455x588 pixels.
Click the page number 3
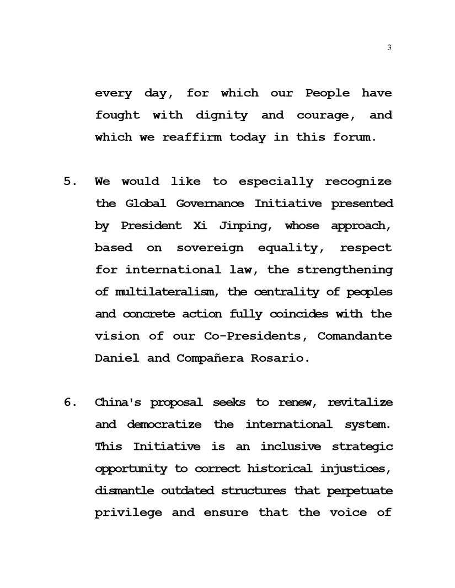tap(389, 48)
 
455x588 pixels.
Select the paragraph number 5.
tap(70, 182)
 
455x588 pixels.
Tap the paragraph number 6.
tap(70, 402)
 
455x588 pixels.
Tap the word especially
tap(276, 182)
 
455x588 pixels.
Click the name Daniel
tap(117, 358)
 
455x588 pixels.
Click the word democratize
tap(165, 424)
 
